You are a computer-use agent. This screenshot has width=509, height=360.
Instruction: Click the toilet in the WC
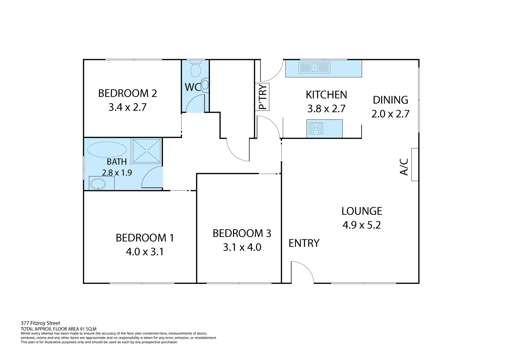(x=195, y=69)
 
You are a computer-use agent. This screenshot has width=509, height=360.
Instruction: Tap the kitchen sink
(x=315, y=68)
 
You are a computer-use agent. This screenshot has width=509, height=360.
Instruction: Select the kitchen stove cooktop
(x=316, y=128)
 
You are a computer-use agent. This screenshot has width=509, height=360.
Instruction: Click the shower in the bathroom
(x=147, y=151)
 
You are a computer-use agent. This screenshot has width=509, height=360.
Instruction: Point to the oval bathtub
(x=107, y=149)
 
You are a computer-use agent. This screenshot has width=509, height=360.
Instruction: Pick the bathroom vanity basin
(x=98, y=184)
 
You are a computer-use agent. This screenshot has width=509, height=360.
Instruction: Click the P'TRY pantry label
(x=263, y=97)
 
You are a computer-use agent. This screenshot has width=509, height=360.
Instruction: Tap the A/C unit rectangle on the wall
(x=415, y=165)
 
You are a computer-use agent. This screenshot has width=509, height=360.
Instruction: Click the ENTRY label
(x=304, y=243)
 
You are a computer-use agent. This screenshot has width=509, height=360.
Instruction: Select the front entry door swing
(x=301, y=272)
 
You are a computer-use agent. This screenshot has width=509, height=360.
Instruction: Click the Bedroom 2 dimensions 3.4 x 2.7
(x=127, y=107)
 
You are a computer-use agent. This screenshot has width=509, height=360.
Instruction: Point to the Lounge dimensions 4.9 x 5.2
(x=361, y=225)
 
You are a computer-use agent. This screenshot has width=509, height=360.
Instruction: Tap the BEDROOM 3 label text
(x=242, y=233)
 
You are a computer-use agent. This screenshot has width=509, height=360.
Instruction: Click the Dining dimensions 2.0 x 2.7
(x=390, y=114)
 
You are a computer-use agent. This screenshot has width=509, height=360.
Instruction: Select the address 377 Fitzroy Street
(x=40, y=323)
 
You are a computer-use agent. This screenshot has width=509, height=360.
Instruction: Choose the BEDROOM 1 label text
(x=145, y=238)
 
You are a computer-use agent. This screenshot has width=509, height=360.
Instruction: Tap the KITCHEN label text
(x=326, y=95)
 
